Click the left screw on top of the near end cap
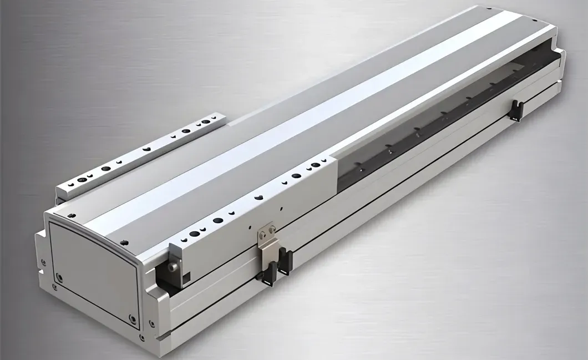[70, 216]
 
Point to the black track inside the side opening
[444, 128]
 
